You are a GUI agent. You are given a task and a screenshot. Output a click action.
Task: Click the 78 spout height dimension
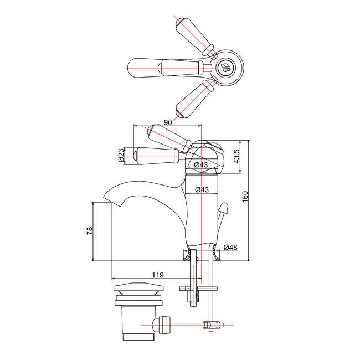tap(89, 232)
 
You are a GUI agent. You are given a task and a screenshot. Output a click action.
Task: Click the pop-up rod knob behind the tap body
tap(224, 210)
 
